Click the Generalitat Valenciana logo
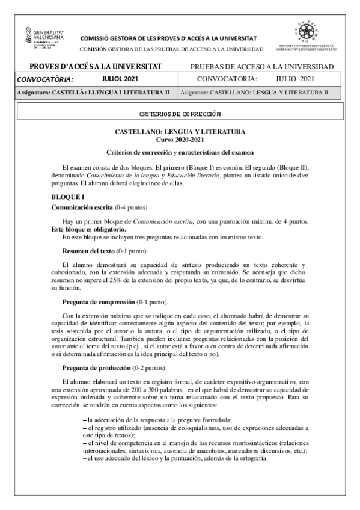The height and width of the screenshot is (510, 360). (x=46, y=37)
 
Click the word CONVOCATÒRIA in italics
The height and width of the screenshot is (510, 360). (x=45, y=79)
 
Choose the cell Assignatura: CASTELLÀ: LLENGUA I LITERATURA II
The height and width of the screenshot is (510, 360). (x=94, y=93)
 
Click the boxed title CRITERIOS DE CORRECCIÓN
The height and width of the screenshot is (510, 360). (x=180, y=112)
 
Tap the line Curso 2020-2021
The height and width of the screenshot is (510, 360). (x=180, y=139)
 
